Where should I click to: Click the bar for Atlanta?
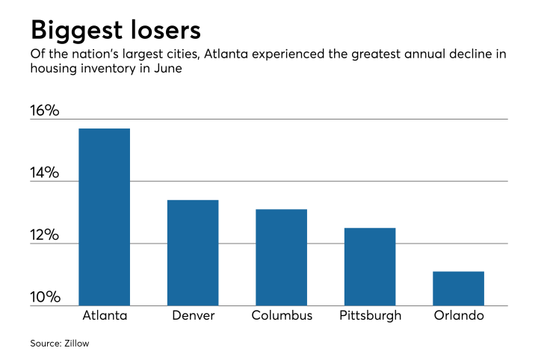coord(104,217)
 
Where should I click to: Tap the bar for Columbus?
coord(281,257)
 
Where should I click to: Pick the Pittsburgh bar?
coord(369,267)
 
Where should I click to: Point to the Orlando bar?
coord(458,288)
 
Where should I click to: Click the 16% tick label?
coord(44,111)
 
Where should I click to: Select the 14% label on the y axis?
coord(44,173)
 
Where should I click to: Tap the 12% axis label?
coord(44,235)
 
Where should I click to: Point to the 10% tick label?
coord(44,298)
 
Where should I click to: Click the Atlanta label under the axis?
coord(104,315)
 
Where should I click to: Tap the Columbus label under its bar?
coord(281,315)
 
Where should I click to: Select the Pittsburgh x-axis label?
coord(369,315)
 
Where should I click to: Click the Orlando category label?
coord(458,315)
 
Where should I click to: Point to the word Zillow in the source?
coord(81,344)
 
